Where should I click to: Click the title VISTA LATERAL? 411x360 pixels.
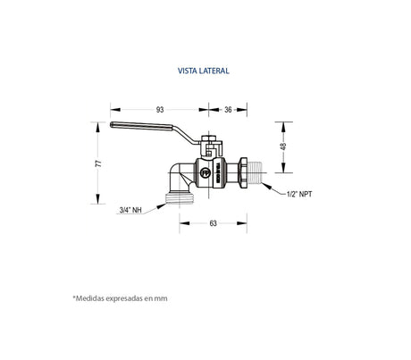click(205, 67)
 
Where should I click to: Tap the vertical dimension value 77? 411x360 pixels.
click(99, 163)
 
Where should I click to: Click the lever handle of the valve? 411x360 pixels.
click(152, 135)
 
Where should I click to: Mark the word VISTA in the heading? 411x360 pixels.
click(189, 67)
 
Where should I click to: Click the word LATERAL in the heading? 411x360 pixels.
click(215, 67)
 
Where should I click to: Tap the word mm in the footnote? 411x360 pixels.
click(160, 298)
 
